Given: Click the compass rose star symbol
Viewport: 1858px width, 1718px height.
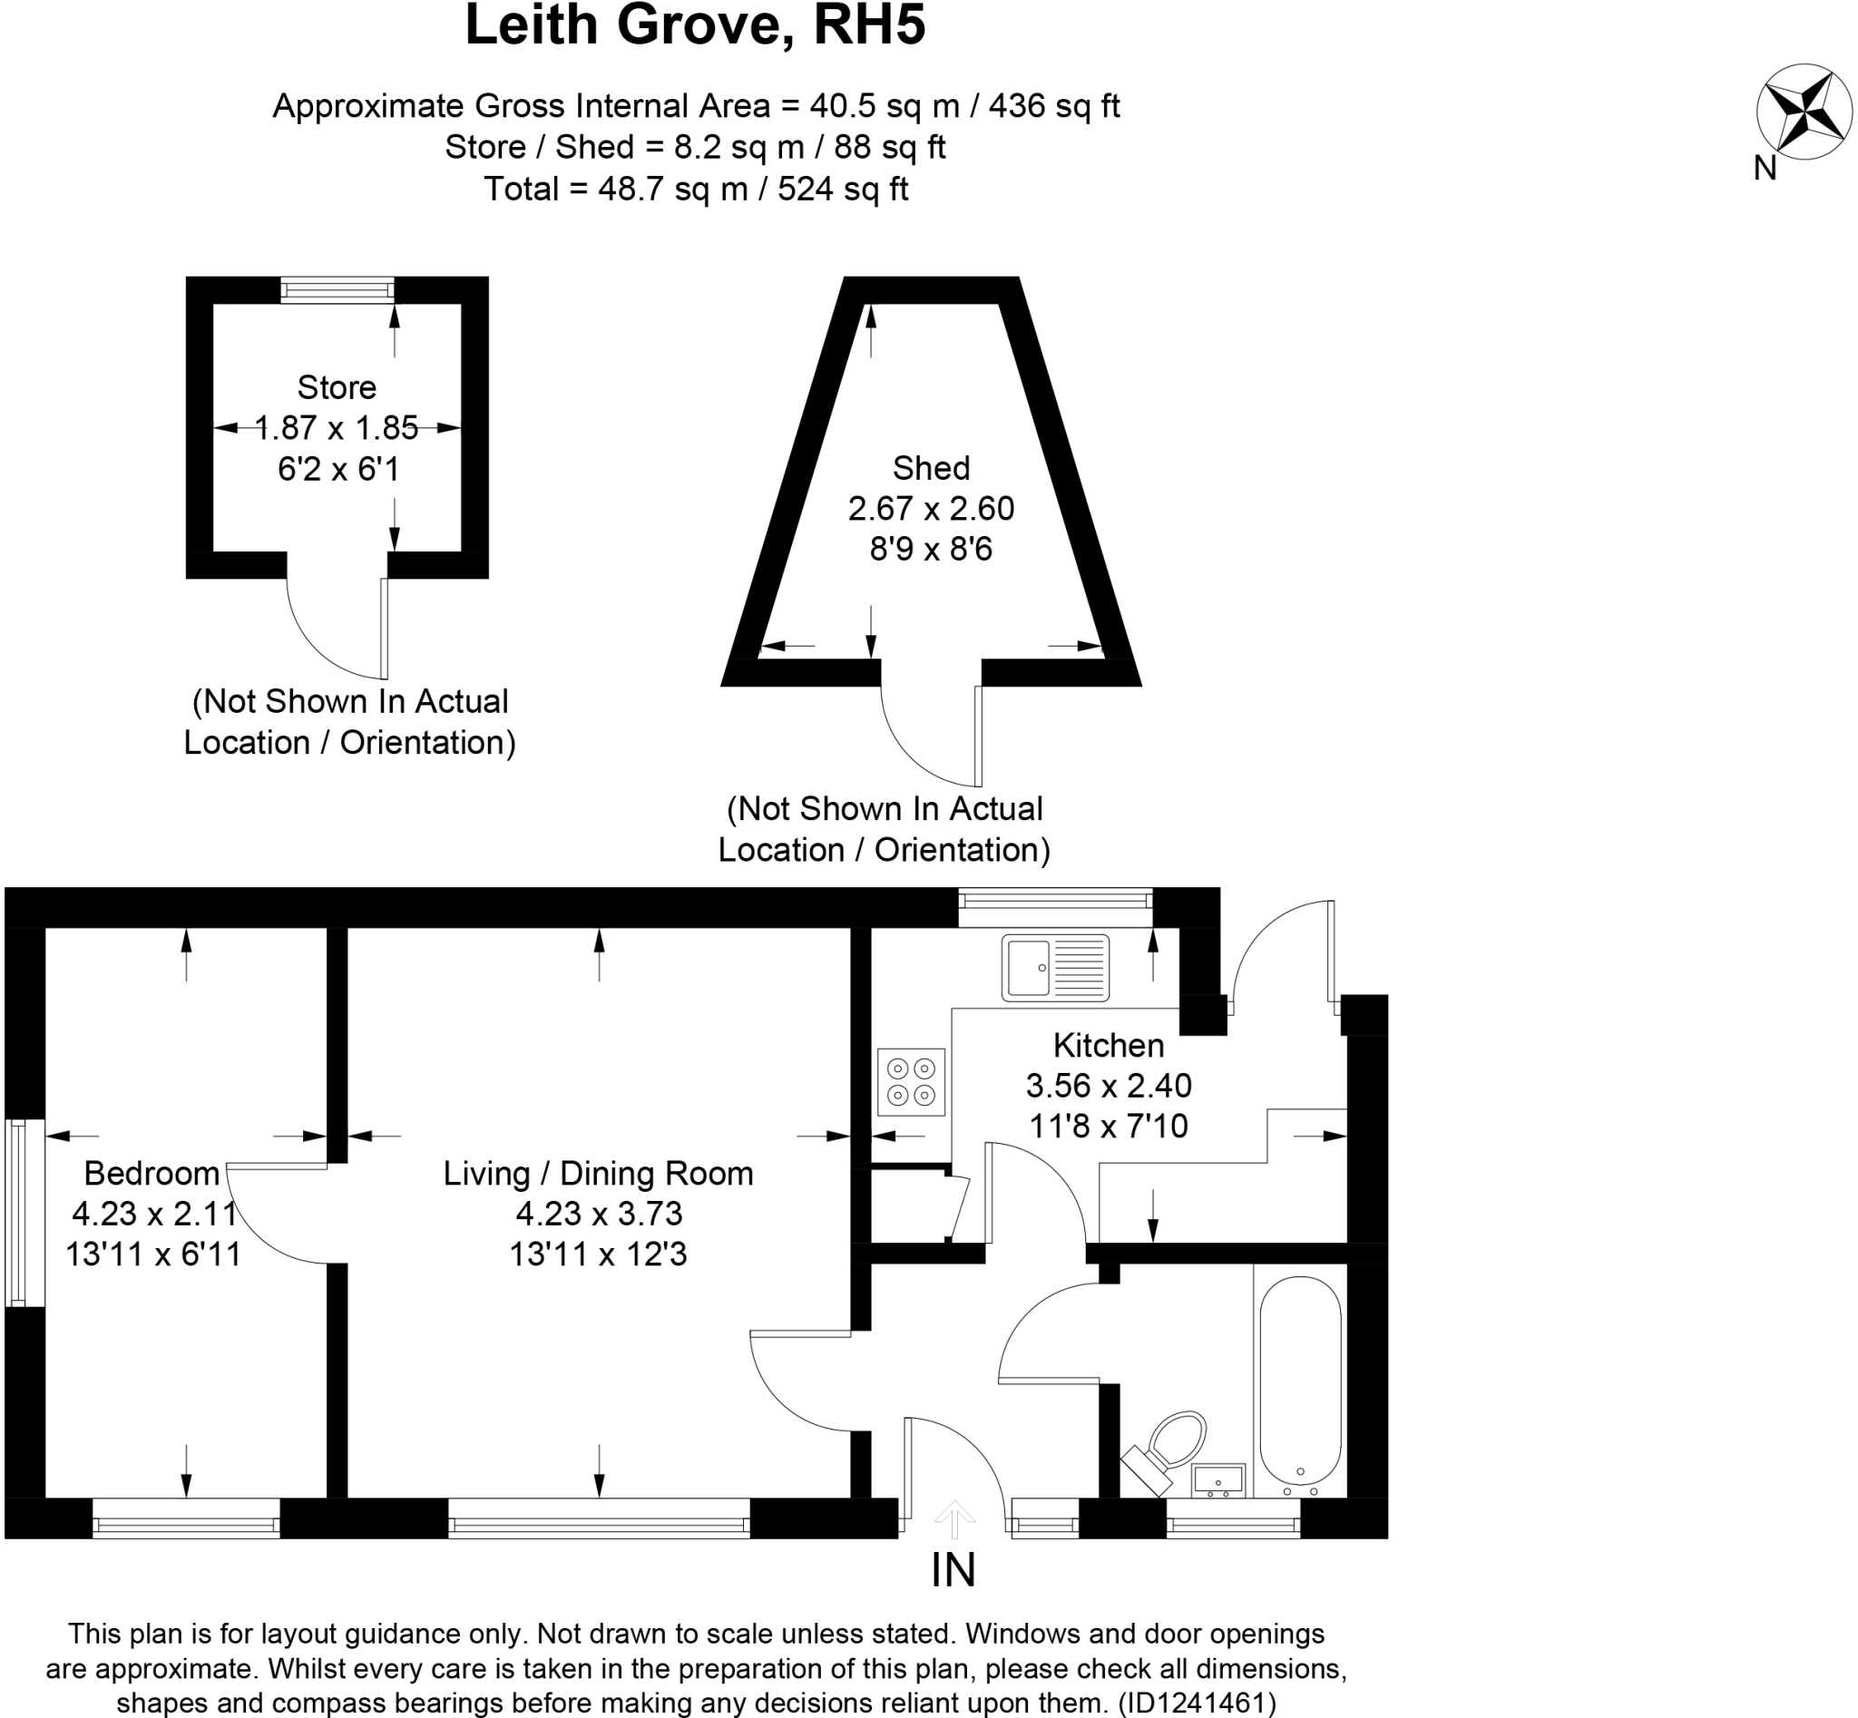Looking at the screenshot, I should [x=1802, y=112].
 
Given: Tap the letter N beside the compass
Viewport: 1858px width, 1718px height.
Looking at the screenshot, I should [x=1764, y=169].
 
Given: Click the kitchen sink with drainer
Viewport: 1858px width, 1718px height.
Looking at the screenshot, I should [x=1054, y=968].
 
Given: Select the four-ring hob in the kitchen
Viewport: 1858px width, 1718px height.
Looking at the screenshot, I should [x=910, y=1082].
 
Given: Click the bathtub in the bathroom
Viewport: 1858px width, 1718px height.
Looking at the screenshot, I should [x=1300, y=1383].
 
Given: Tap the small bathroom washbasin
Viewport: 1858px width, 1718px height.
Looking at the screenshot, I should [x=1217, y=1480].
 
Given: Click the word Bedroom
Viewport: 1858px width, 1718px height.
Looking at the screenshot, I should [x=152, y=1173].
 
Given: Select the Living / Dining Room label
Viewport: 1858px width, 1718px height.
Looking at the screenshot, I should [x=598, y=1173].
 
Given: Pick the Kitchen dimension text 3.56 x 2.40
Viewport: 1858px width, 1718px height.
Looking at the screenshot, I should [x=1109, y=1085].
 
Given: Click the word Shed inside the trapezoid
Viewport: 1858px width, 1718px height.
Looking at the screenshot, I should [x=931, y=468].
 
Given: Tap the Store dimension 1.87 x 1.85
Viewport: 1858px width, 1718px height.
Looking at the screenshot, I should [x=337, y=427].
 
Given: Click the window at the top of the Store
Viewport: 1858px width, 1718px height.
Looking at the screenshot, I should [x=337, y=290].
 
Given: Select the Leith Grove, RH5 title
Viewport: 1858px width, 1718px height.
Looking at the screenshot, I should [x=695, y=25].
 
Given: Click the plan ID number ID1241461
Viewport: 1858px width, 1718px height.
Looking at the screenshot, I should [x=1197, y=1703].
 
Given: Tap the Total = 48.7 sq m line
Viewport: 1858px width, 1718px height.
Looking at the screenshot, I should [x=696, y=189].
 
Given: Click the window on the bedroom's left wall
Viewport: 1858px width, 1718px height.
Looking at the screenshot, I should [x=15, y=1212].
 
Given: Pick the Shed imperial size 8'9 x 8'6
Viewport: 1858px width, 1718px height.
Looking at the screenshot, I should [x=931, y=549].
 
